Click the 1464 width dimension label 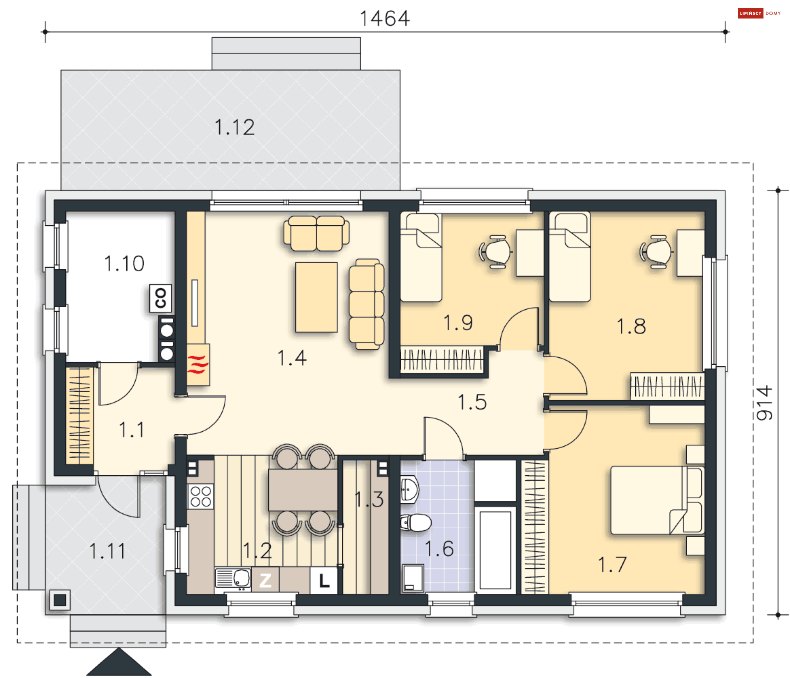tap(385, 19)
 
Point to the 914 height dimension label tap(764, 403)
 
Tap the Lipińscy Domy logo tap(760, 13)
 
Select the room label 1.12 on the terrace tap(235, 127)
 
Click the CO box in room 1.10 tap(160, 298)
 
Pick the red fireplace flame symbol tap(198, 365)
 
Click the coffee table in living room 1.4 tap(316, 297)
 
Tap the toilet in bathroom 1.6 tap(416, 523)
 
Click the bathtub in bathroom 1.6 tap(495, 550)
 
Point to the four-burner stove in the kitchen tap(201, 496)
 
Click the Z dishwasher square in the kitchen tap(265, 580)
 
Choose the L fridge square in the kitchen tap(324, 580)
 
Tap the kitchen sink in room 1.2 tap(233, 578)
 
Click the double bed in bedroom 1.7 tap(657, 500)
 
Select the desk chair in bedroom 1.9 tap(495, 251)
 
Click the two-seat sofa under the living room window tap(316, 233)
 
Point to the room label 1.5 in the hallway tap(472, 402)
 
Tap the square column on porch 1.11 tap(60, 600)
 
